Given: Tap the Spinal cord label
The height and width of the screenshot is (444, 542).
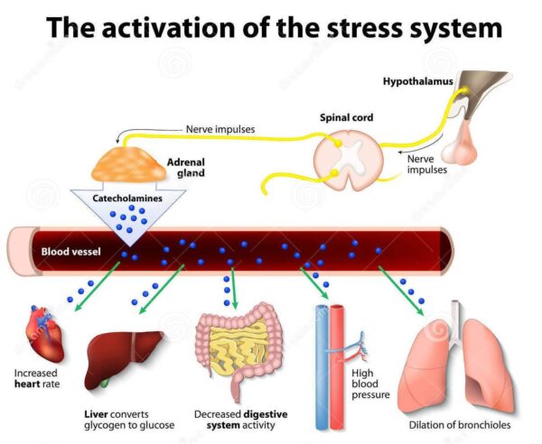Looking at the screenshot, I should point(347,118).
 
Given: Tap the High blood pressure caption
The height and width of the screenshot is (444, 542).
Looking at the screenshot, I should point(371,384).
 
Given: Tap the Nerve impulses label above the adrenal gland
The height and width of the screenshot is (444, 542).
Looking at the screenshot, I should point(220,129).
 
